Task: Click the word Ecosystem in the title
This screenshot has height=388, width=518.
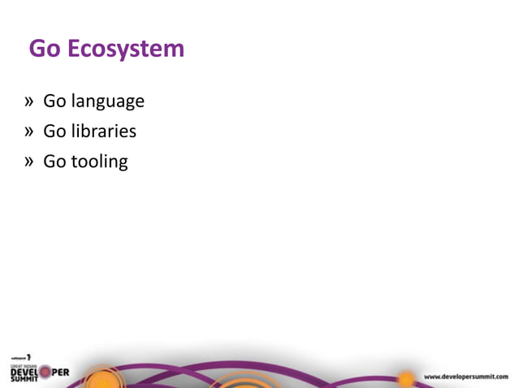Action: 126,50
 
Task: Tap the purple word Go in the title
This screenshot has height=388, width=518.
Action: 45,50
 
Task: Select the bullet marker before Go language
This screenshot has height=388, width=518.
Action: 29,101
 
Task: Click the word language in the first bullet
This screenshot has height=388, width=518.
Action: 107,102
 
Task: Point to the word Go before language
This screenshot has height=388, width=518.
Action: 54,101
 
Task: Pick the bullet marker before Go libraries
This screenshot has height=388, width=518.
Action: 29,131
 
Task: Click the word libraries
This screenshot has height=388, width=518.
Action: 103,131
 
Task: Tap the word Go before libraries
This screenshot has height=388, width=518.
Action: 54,131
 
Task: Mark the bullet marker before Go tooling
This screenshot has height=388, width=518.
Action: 29,161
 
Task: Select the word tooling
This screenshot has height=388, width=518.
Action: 99,162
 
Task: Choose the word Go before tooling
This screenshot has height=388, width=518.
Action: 54,161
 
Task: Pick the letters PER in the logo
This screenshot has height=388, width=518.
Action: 60,373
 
